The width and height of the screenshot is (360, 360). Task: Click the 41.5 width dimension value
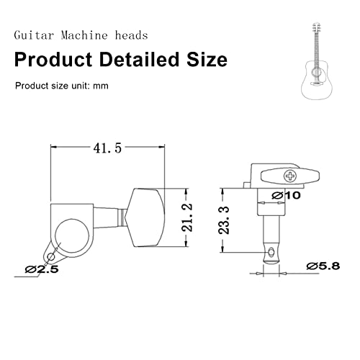coord(106,148)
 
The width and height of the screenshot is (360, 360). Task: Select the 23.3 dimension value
coord(224,220)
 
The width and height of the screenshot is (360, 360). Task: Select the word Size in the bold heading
coord(205,58)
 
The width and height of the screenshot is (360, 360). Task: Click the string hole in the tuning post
coord(270,250)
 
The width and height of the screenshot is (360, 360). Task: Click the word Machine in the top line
coord(90,35)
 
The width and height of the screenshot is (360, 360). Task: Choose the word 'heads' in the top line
coord(137,35)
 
